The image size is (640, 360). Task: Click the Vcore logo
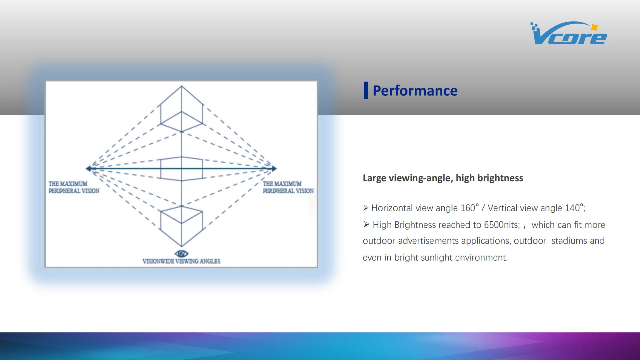(x=568, y=33)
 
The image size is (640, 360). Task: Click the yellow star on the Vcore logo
(x=594, y=27)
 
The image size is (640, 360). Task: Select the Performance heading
(x=415, y=91)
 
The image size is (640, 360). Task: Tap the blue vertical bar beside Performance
(x=366, y=90)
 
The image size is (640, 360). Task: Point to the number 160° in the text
(x=470, y=208)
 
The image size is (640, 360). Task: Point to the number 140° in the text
(x=574, y=208)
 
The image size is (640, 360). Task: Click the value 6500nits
(x=502, y=225)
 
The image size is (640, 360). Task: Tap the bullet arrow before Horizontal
(x=365, y=208)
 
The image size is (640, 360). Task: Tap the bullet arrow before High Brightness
(x=366, y=224)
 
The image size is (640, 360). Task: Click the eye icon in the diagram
(x=182, y=253)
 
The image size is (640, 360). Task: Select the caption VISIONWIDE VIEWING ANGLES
(x=182, y=261)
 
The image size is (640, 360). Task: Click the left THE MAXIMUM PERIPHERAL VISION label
(x=74, y=187)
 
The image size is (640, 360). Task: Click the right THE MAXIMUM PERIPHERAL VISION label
(x=288, y=187)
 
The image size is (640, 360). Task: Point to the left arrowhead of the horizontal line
(x=88, y=169)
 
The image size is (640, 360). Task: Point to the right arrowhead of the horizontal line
(x=274, y=169)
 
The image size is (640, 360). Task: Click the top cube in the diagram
(x=182, y=109)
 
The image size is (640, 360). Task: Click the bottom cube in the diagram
(x=182, y=226)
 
